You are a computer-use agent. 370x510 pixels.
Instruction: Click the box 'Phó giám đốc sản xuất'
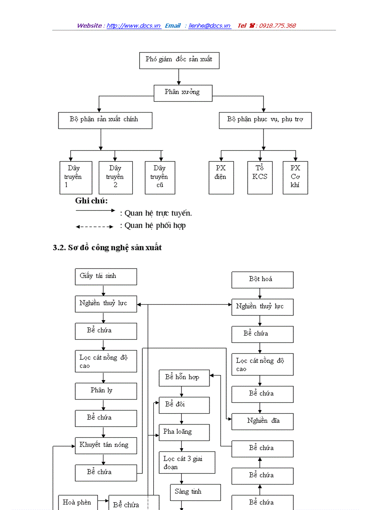179,60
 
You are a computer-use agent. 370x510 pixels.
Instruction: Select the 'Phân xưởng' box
182,92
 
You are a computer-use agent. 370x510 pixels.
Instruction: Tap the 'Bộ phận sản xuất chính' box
105,120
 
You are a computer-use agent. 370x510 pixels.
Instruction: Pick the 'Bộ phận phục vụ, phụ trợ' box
265,120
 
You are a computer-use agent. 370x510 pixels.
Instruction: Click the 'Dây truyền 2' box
116,177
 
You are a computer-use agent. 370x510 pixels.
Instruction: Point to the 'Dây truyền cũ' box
160,177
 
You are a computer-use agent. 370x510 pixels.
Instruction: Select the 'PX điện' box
221,177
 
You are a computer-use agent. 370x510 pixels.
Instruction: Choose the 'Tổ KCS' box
260,177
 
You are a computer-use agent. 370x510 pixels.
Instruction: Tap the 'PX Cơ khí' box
295,177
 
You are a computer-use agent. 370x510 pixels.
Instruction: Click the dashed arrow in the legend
94,226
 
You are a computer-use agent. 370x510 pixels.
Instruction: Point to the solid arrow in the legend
95,210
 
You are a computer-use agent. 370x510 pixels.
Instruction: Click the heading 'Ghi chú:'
91,201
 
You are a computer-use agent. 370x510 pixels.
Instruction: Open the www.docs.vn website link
134,26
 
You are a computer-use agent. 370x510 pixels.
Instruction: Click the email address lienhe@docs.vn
209,26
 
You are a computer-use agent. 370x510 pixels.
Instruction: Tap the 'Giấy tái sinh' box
106,276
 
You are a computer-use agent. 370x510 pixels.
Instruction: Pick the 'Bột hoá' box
262,280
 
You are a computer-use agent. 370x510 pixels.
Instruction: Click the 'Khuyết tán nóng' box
106,446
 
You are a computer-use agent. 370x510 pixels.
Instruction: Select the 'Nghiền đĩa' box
262,421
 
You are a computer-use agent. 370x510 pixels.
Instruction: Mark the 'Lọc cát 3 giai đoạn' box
187,462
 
